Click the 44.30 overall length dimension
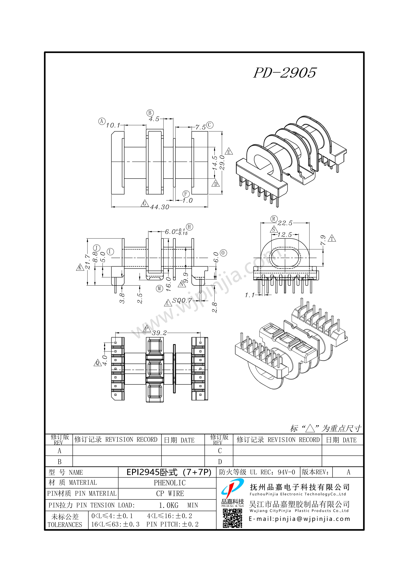[x=160, y=207]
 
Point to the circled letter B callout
[x=150, y=113]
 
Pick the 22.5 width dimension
[x=285, y=223]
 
